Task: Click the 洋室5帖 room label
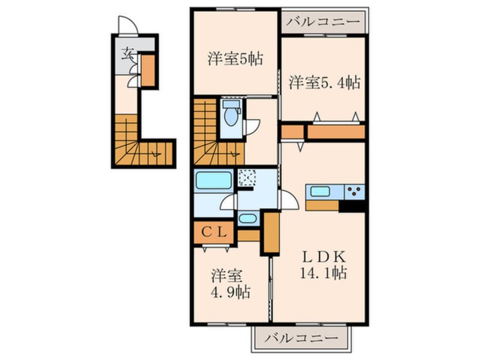click(x=234, y=58)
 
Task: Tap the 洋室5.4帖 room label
click(x=324, y=83)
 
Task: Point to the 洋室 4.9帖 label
click(x=231, y=284)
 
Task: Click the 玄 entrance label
click(x=127, y=55)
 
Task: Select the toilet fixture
click(x=230, y=116)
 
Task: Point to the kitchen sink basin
click(x=320, y=191)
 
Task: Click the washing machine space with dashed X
click(x=247, y=177)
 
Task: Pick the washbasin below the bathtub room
click(x=247, y=218)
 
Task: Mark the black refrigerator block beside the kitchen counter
click(x=351, y=206)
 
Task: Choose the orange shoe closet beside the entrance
click(x=148, y=70)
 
